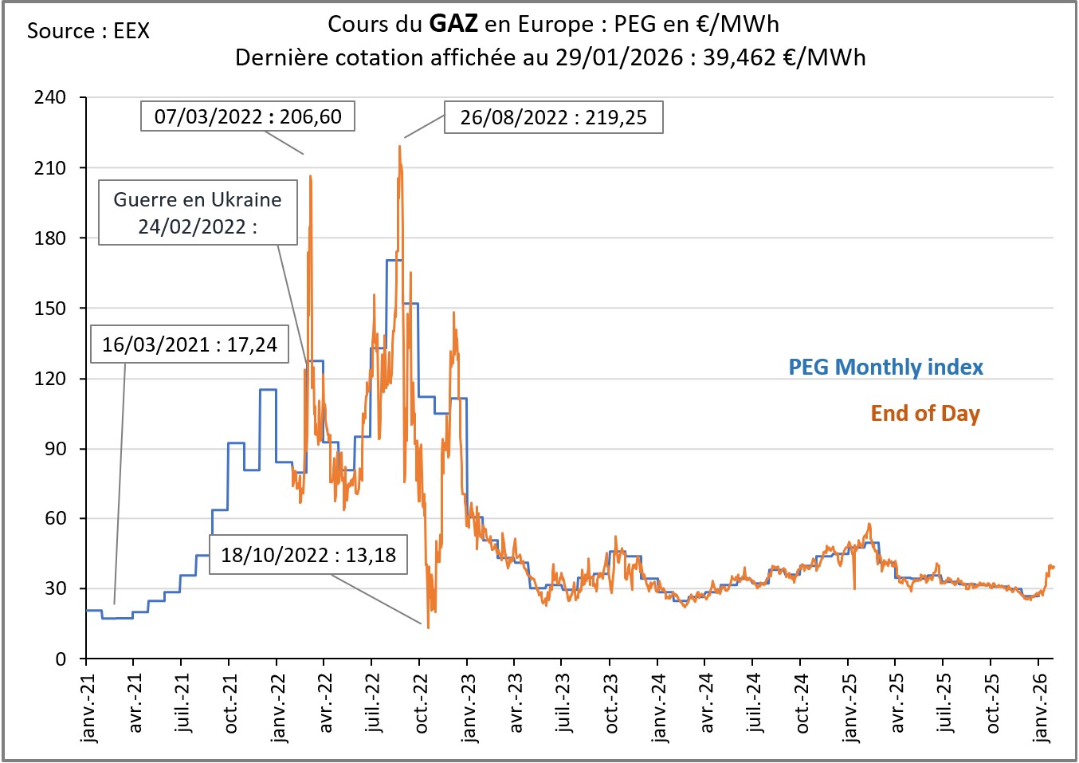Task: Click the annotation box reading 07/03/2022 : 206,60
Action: click(x=247, y=116)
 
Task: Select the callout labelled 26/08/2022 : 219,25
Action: click(x=553, y=118)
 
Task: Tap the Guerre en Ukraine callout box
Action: click(x=198, y=212)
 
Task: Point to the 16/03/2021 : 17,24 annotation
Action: click(x=189, y=344)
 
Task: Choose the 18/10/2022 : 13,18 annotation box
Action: click(x=308, y=555)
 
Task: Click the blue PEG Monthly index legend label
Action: click(x=885, y=367)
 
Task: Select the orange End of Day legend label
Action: click(x=924, y=413)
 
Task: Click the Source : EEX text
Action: click(x=88, y=31)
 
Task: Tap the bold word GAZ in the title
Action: click(x=453, y=24)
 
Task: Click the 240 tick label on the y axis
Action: click(x=50, y=97)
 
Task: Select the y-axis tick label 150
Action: click(x=50, y=308)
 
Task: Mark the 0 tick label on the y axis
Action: click(x=61, y=659)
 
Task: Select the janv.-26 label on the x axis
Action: click(x=1040, y=708)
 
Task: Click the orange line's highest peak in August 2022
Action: click(x=400, y=146)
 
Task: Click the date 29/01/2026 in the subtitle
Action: click(x=619, y=57)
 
